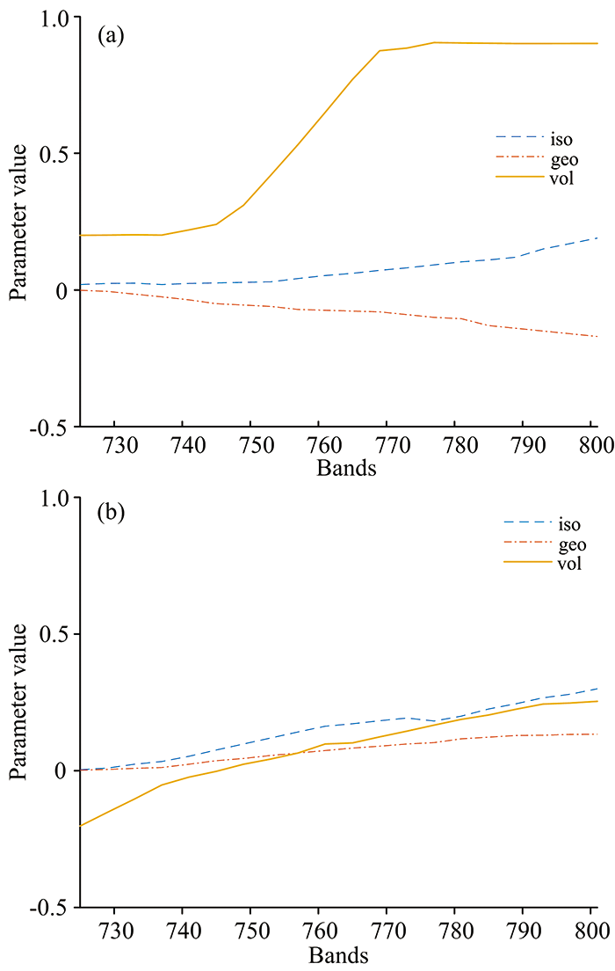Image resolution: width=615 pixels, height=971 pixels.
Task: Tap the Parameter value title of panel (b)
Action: click(19, 702)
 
